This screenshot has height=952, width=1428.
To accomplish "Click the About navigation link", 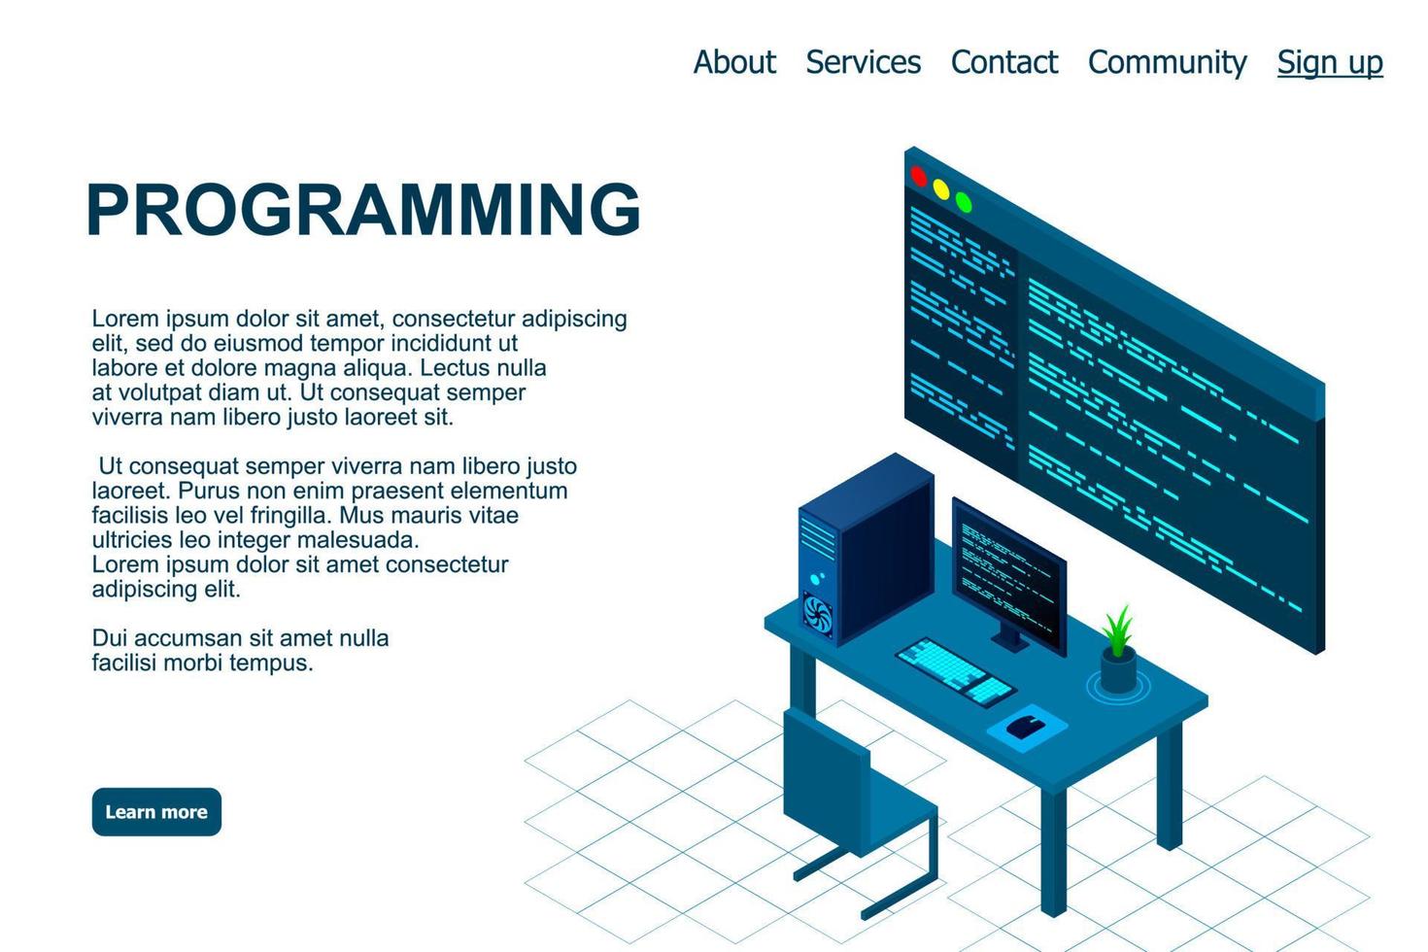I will pos(734,62).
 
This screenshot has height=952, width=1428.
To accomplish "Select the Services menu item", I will pos(863,62).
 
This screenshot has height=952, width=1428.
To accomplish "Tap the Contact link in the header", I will pos(1003,62).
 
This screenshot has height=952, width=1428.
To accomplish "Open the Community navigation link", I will pos(1167,62).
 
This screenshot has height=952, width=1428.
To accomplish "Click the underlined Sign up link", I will pos(1329,62).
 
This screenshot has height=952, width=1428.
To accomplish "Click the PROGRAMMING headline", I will pos(363,209).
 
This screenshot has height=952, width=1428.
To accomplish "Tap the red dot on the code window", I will pos(918,177).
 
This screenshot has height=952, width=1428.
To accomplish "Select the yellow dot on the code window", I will pos(940,189).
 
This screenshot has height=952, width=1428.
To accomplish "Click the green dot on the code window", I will pos(964,202).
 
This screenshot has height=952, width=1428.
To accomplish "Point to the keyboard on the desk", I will pos(954,670).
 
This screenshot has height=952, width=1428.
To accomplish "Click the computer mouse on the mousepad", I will pos(1026,725).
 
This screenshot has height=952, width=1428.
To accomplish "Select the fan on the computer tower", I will pos(817,615).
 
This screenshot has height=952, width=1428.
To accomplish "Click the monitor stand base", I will pos(1010,642).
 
